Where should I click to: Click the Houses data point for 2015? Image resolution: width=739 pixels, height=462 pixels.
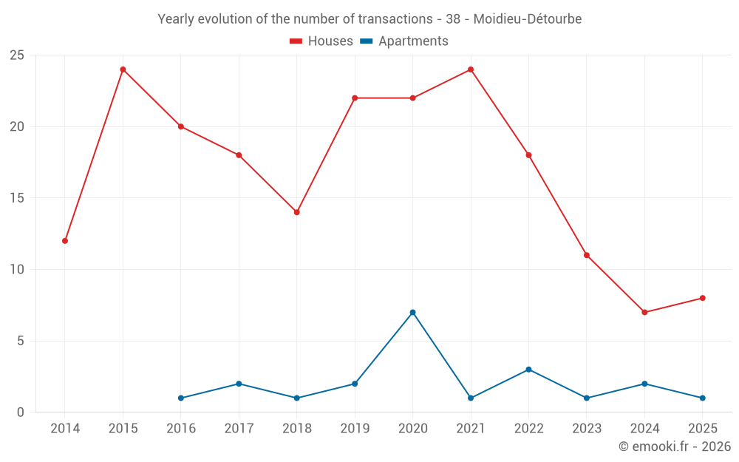click(x=123, y=69)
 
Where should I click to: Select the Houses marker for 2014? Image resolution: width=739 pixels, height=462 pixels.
click(x=65, y=241)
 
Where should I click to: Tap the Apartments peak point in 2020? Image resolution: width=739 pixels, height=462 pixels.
click(x=412, y=312)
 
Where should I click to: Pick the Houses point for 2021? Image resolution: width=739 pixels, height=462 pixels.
click(x=471, y=69)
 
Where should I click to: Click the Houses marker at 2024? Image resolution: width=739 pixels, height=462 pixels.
click(x=644, y=312)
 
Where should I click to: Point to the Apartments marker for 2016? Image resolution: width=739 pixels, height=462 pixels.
click(x=181, y=398)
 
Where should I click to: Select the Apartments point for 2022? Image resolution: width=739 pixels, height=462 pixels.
click(x=528, y=370)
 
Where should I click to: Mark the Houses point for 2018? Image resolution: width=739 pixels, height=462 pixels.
click(x=297, y=212)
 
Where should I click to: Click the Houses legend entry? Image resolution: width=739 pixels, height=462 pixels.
click(x=321, y=41)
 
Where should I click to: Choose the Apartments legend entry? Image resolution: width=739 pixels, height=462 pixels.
click(x=404, y=41)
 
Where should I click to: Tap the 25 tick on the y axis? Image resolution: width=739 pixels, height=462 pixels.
click(x=16, y=55)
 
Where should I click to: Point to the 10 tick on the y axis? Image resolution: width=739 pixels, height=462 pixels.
click(x=16, y=270)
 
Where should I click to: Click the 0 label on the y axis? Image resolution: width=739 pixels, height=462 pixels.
click(x=20, y=412)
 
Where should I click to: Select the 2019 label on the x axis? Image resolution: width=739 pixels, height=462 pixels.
click(x=355, y=428)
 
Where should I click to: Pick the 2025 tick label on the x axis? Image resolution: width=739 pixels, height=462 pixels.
click(x=702, y=428)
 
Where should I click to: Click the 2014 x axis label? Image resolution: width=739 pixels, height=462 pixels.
click(x=65, y=428)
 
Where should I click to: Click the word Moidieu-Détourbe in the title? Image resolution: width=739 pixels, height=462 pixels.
click(x=527, y=19)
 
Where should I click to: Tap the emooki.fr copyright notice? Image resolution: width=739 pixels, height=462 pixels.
click(x=674, y=446)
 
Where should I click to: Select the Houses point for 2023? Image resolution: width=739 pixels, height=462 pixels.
click(x=586, y=255)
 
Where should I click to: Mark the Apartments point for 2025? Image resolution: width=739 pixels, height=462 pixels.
click(x=702, y=398)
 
